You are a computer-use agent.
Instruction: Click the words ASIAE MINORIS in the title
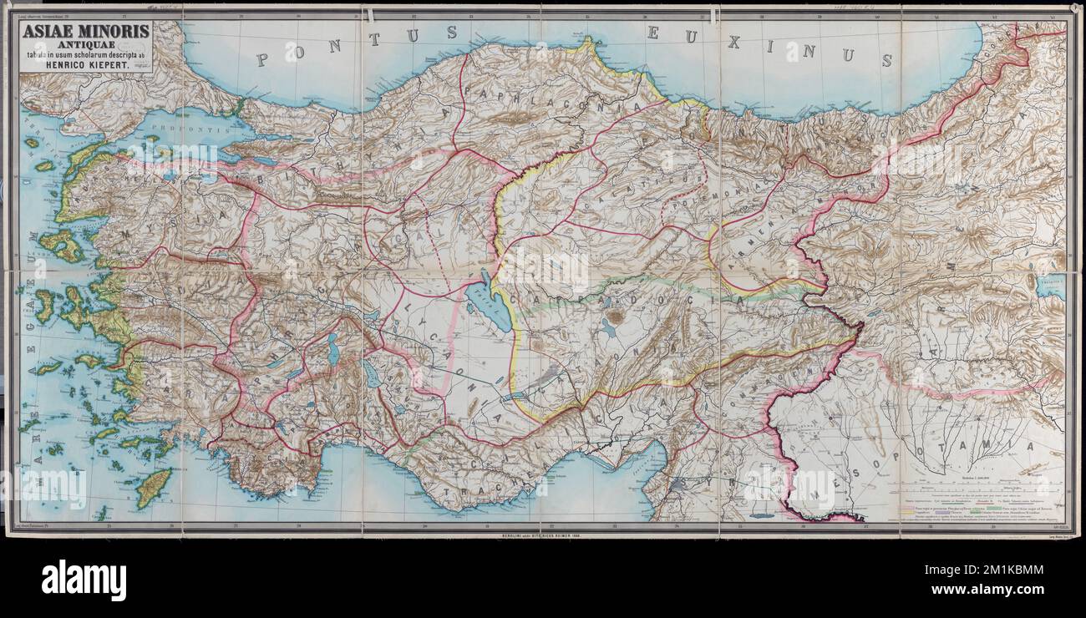tap(86, 32)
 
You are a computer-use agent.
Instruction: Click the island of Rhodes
tap(153, 488)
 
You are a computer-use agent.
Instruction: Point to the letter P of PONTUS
tap(262, 59)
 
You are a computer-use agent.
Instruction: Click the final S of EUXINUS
tap(885, 60)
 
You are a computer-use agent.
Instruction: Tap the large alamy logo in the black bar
tap(84, 580)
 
